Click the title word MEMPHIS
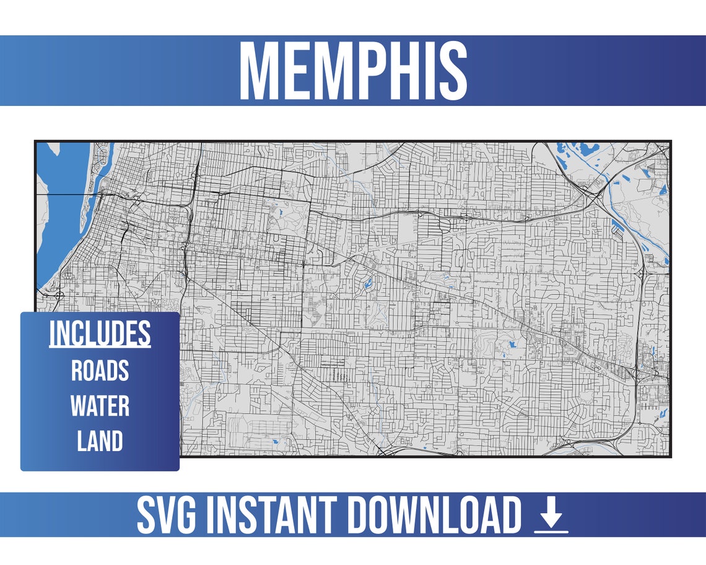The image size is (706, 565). [353, 71]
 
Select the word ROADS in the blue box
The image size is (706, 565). [100, 370]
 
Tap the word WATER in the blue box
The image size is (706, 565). [100, 406]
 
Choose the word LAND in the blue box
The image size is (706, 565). [100, 442]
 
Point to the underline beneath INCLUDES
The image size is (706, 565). [100, 348]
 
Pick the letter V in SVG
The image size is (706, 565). [163, 515]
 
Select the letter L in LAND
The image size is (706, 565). [82, 442]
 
